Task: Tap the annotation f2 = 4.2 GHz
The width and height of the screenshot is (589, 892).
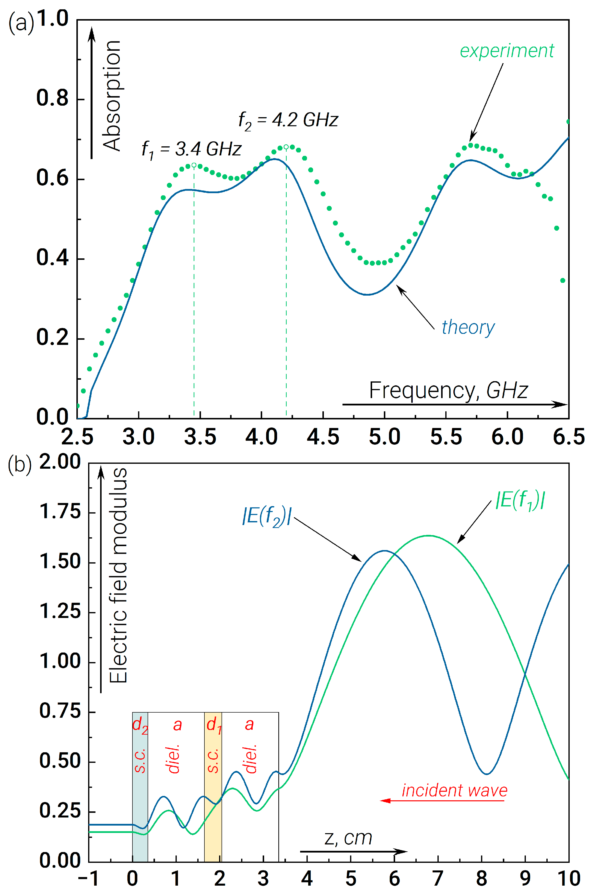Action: point(288,120)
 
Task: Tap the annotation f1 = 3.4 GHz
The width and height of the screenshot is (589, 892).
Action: point(191,149)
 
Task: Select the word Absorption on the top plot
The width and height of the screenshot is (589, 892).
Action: point(112,96)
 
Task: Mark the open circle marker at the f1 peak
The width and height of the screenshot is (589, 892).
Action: point(194,165)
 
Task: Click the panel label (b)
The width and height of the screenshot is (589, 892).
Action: point(20,465)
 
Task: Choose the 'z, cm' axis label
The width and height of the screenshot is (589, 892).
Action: point(348,838)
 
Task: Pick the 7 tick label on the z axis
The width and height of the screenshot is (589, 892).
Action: point(438,879)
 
